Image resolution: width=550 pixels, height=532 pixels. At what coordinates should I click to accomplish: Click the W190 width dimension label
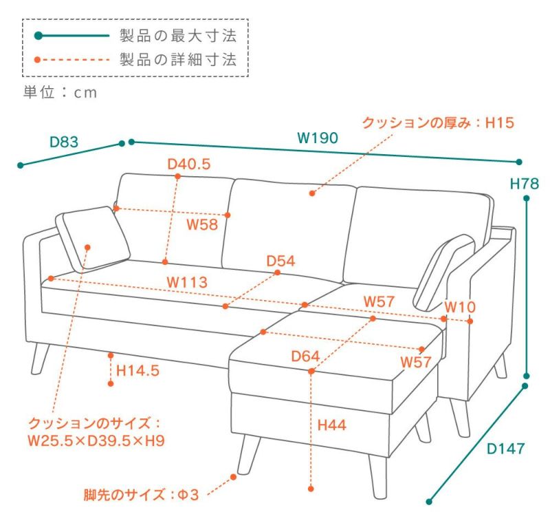(317, 138)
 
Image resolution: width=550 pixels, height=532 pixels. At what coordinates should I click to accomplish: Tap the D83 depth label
(64, 142)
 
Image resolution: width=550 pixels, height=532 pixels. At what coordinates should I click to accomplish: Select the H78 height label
(524, 184)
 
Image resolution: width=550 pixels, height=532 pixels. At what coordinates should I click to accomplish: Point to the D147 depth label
(506, 449)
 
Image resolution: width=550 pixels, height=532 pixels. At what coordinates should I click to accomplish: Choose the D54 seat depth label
(280, 261)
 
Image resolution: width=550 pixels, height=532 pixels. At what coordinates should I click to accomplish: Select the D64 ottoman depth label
(305, 357)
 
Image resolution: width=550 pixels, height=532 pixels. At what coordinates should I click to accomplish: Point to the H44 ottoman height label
(331, 425)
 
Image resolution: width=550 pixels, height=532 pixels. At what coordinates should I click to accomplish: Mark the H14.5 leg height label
(137, 371)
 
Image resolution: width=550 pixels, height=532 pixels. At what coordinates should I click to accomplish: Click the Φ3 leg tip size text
(188, 495)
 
